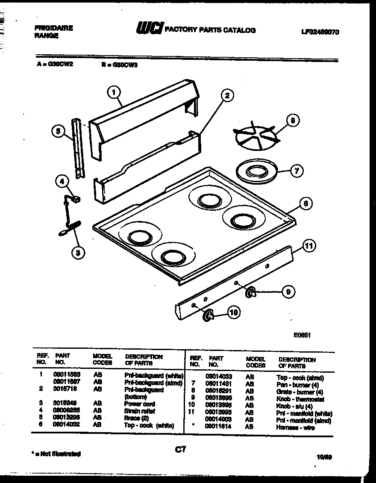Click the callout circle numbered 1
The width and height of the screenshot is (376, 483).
[114, 91]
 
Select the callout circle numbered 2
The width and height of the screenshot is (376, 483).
[227, 95]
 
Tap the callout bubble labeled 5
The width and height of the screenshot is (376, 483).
[58, 131]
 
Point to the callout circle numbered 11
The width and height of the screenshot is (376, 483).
[309, 246]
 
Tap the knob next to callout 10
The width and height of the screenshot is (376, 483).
[208, 315]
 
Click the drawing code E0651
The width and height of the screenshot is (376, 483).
[302, 336]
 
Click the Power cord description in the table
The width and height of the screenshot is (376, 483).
[139, 403]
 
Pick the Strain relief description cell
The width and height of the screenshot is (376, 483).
[139, 411]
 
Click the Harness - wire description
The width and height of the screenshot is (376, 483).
[295, 427]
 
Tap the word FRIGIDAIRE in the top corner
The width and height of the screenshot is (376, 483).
[53, 28]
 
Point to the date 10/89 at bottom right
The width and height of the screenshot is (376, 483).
[324, 456]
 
